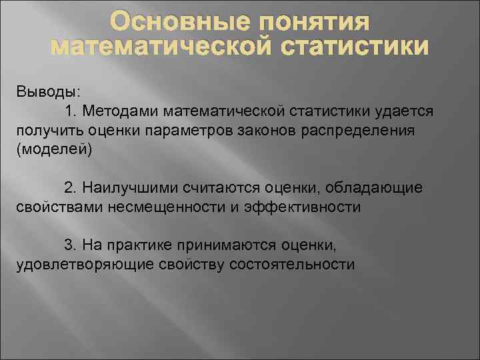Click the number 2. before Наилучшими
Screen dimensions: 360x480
coord(71,187)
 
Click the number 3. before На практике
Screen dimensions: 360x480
coord(71,245)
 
